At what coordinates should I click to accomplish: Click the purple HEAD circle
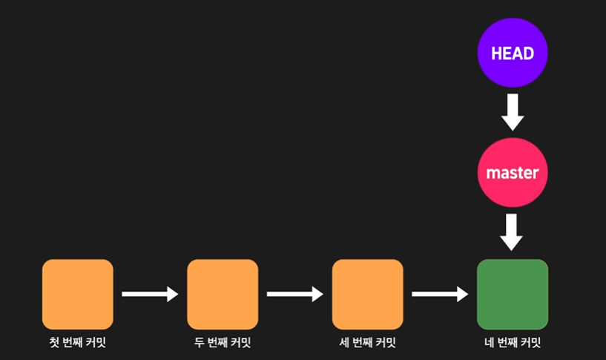pos(512,53)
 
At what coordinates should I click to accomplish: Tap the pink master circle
pos(512,172)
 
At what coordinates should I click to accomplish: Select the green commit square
pos(512,294)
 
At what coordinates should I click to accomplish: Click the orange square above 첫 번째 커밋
pos(77,294)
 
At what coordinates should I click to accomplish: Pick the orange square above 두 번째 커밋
pos(223,294)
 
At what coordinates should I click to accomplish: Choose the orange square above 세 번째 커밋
pos(367,294)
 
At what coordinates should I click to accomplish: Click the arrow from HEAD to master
pos(512,113)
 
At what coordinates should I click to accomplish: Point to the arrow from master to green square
pos(512,232)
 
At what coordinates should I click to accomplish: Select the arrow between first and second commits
pos(150,294)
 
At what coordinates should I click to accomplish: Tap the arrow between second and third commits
pos(294,294)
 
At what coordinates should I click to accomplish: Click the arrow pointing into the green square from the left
pos(440,294)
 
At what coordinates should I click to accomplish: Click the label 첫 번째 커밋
pos(77,343)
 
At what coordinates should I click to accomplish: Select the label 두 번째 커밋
pos(223,343)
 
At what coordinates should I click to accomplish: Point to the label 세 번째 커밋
pos(367,343)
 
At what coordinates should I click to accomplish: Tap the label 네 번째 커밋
pos(512,343)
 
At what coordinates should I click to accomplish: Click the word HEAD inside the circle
pos(512,53)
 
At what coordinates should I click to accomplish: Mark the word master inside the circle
pos(512,173)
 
